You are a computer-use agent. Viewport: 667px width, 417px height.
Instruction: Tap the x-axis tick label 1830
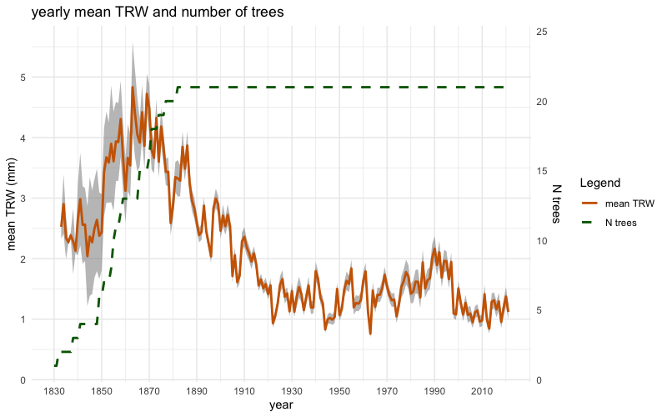(x=54, y=391)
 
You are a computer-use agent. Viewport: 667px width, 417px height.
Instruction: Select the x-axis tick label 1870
(x=149, y=391)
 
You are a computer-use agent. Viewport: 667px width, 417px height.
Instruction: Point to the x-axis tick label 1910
(x=244, y=391)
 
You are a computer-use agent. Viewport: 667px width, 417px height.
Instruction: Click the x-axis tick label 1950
(x=339, y=391)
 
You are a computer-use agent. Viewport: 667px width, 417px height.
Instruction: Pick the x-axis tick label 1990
(x=434, y=391)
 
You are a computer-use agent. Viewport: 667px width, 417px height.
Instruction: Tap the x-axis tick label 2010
(x=482, y=391)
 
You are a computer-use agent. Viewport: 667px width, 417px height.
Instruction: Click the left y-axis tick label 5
(x=22, y=78)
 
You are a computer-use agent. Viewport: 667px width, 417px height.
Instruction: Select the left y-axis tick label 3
(x=22, y=198)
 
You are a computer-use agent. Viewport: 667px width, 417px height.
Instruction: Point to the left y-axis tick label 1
(x=22, y=319)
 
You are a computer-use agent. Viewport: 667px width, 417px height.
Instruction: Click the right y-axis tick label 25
(x=542, y=32)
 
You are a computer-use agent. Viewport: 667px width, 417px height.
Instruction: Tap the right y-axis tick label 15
(x=542, y=171)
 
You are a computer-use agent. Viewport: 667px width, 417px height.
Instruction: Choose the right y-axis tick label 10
(x=542, y=241)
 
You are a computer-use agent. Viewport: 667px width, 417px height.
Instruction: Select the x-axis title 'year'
(x=280, y=405)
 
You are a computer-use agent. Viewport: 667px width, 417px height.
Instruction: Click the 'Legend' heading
(x=598, y=183)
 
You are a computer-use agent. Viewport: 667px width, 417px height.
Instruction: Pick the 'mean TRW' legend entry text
(x=630, y=203)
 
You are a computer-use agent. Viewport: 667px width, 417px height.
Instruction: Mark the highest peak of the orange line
(x=132, y=87)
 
